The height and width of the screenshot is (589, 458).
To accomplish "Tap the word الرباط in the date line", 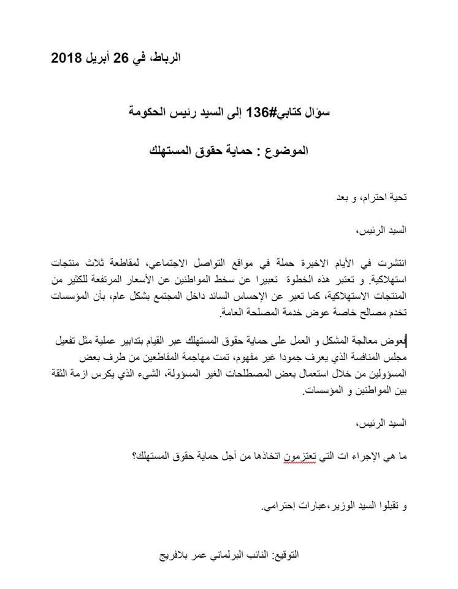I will [166, 60].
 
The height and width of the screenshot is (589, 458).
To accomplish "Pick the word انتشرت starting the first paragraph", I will [389, 263].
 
